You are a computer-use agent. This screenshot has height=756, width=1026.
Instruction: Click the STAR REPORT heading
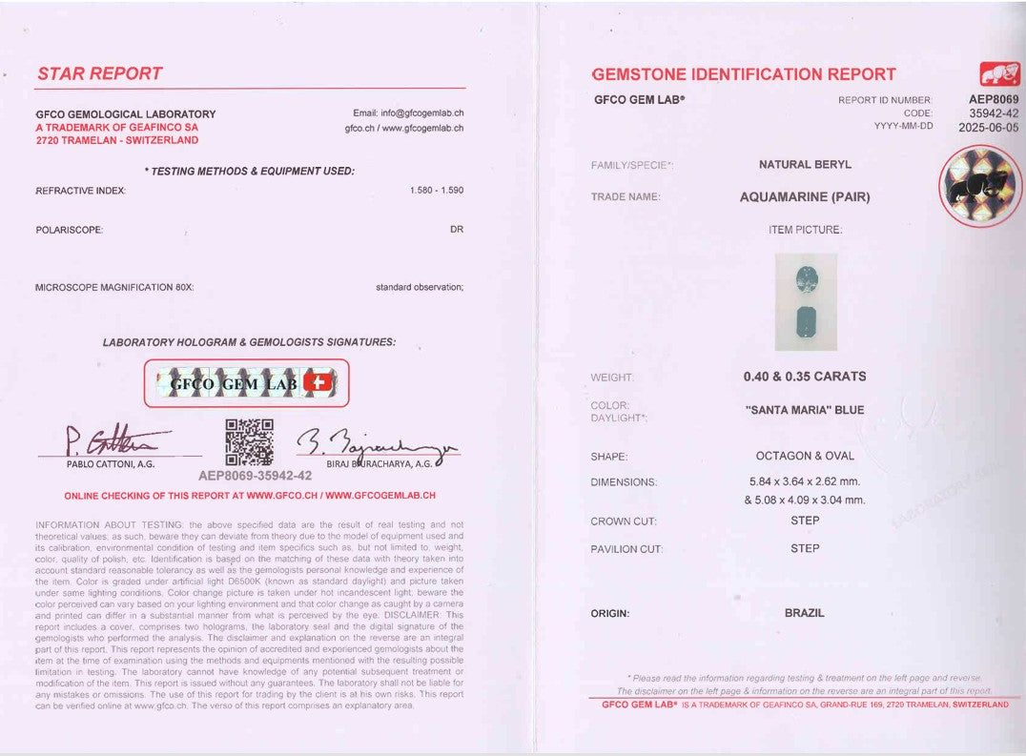click(100, 73)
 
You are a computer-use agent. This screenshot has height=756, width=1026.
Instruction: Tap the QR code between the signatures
click(249, 442)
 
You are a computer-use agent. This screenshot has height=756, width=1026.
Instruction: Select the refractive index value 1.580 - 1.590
click(437, 190)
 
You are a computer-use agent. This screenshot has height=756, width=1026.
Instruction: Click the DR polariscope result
click(457, 230)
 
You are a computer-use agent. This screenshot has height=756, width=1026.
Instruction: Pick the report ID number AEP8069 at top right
click(993, 99)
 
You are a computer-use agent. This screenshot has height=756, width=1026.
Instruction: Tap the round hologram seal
click(974, 185)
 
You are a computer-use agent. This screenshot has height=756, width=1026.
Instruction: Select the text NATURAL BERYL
click(805, 165)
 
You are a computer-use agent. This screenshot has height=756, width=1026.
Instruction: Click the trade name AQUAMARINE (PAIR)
click(805, 197)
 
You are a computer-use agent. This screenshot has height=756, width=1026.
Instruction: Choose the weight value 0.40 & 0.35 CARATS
click(805, 377)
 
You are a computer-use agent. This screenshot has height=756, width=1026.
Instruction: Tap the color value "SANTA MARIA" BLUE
click(805, 410)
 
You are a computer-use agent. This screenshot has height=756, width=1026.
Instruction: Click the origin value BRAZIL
click(805, 613)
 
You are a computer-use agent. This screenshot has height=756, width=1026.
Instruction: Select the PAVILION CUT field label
click(626, 549)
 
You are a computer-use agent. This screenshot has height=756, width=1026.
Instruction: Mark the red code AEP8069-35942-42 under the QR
click(255, 475)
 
